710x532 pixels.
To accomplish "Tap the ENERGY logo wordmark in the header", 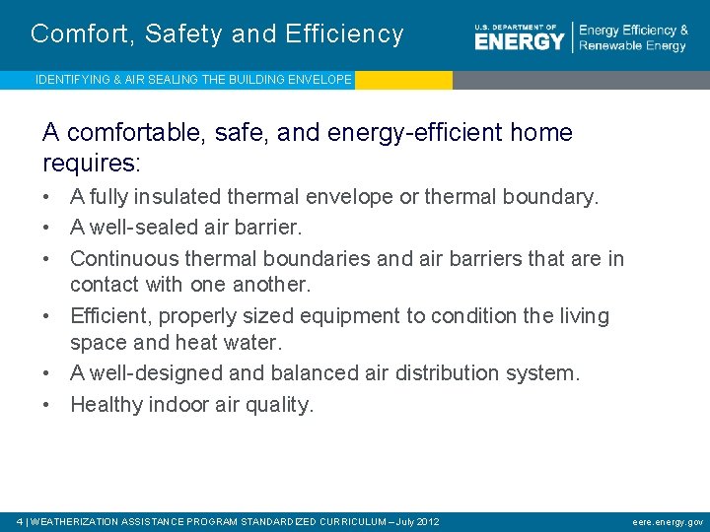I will tap(519, 40).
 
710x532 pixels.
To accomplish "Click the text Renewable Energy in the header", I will tap(632, 46).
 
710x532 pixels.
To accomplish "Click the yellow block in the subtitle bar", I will tap(402, 80).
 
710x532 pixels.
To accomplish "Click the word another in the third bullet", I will tap(270, 285).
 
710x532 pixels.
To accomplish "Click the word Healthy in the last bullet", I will tap(106, 404).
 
